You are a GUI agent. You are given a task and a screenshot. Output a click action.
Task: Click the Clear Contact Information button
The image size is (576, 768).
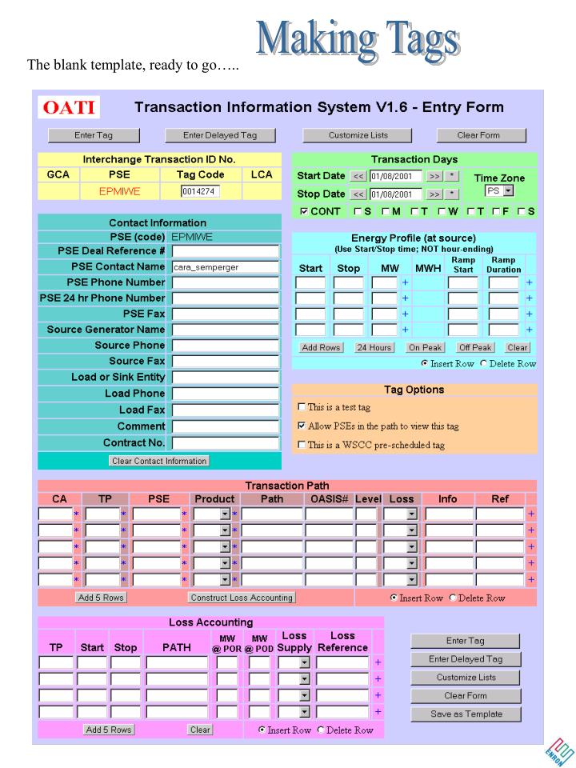(x=159, y=461)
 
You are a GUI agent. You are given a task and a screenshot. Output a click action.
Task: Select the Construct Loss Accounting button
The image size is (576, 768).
(x=242, y=598)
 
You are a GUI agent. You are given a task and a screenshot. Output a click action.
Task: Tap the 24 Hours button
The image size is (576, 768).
(x=374, y=348)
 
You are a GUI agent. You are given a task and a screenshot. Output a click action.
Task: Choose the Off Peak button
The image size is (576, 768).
(x=475, y=348)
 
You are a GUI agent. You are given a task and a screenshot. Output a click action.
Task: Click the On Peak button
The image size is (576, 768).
(x=426, y=348)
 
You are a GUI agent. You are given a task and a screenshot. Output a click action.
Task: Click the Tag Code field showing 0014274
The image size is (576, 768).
(x=200, y=191)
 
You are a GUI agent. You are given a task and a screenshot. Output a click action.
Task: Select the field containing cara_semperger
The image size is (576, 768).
(x=226, y=267)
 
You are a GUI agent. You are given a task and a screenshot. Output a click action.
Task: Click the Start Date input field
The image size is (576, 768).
(x=395, y=176)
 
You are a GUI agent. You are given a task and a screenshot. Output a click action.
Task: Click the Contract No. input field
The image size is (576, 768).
(x=226, y=442)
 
